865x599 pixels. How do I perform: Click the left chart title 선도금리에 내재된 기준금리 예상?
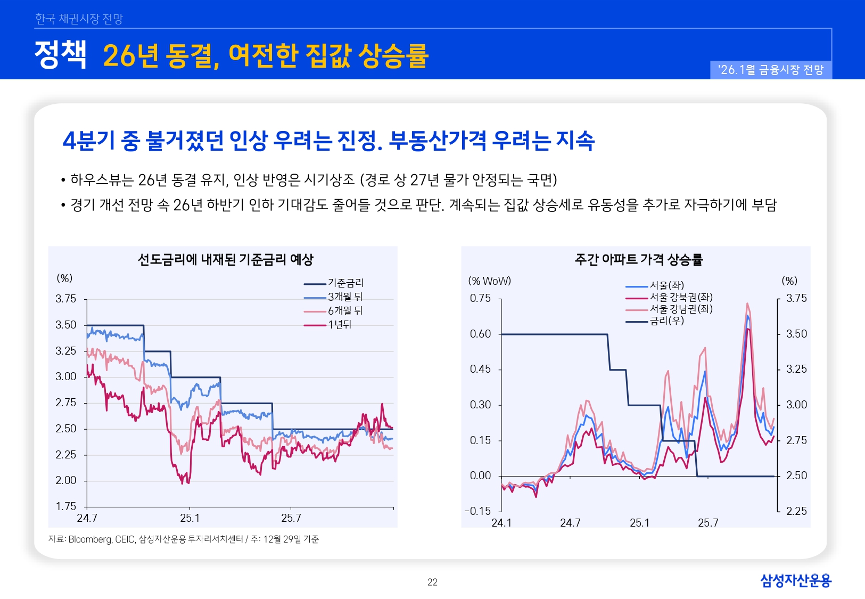point(225,259)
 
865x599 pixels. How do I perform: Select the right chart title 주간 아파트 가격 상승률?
point(638,259)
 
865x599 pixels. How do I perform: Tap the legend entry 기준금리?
point(345,283)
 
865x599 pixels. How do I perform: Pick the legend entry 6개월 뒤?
point(345,310)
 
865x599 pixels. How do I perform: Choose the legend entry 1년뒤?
point(340,324)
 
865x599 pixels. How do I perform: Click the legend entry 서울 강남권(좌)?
point(681,309)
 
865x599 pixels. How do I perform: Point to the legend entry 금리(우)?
point(666,321)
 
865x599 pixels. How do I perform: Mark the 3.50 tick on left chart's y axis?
point(66,325)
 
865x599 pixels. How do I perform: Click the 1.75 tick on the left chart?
point(66,506)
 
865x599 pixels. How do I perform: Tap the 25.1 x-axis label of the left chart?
point(190,518)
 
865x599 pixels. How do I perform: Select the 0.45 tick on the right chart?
point(480,369)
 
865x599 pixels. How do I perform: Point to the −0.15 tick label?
point(477,511)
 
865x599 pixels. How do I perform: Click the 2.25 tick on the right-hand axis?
point(796,511)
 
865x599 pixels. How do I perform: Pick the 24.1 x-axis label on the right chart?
point(501,523)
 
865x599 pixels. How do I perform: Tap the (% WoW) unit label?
point(489,281)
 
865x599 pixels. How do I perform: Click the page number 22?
point(432,582)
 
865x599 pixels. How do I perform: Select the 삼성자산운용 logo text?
point(795,580)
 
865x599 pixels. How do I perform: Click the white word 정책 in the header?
point(60,54)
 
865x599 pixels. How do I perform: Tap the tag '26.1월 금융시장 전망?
point(770,70)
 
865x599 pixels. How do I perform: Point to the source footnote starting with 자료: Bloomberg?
point(183,539)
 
